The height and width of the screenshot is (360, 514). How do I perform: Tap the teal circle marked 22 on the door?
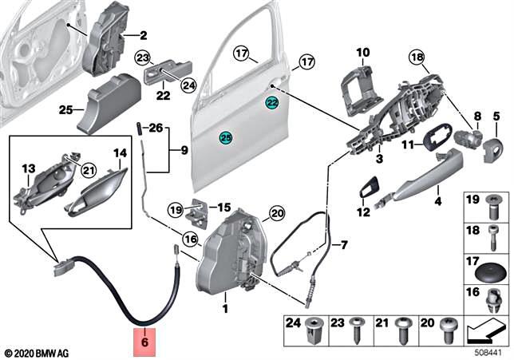click(x=272, y=103)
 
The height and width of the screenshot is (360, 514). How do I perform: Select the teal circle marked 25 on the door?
click(x=226, y=139)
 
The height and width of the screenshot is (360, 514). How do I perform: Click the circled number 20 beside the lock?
click(x=277, y=212)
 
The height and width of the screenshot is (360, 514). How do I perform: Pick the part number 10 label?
click(x=363, y=53)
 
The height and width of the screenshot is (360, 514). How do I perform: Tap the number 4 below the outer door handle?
click(x=437, y=201)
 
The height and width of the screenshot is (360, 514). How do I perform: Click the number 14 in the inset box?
click(x=119, y=152)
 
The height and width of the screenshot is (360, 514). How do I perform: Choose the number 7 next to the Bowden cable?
click(x=345, y=243)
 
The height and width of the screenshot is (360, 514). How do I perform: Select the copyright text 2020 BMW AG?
click(x=39, y=352)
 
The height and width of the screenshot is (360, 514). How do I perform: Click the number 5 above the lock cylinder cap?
click(x=496, y=117)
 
